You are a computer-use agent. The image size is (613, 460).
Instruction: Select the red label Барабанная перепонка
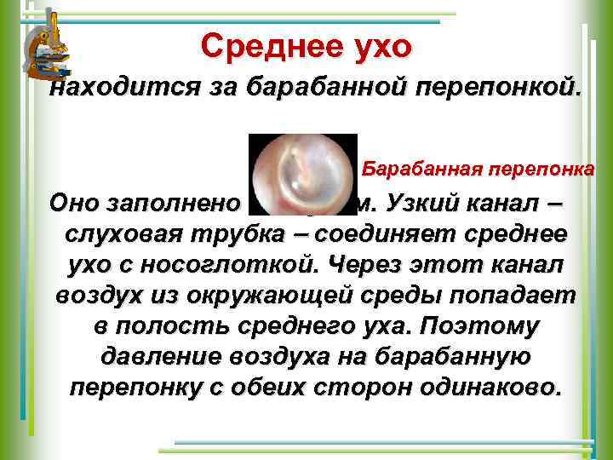coord(478,169)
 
